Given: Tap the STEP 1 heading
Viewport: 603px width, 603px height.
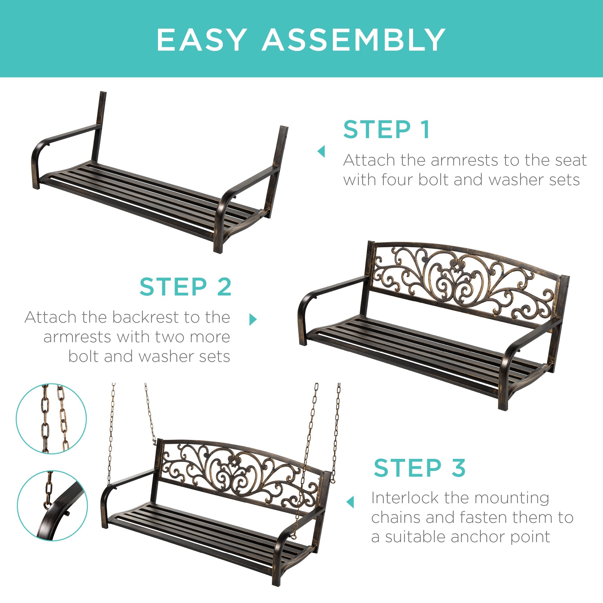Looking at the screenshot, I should (x=387, y=130).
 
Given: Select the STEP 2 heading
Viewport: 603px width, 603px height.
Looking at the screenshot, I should (x=185, y=287).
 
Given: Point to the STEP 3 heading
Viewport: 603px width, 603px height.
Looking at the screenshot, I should (x=419, y=468).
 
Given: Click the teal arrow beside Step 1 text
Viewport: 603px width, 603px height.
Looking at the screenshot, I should (x=321, y=152).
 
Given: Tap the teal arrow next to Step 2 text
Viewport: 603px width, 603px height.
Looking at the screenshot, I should (x=253, y=319).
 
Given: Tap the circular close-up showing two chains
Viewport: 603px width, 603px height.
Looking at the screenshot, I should (x=52, y=418).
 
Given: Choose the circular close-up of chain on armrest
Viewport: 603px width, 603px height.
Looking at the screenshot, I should (x=52, y=505).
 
